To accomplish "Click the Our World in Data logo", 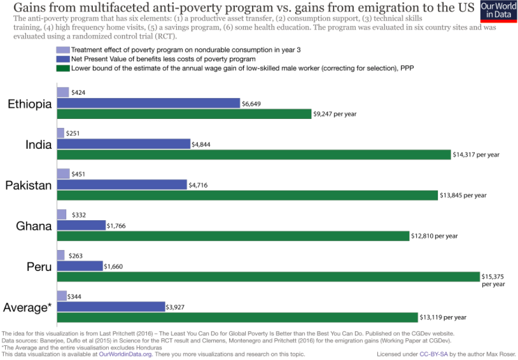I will (498, 12).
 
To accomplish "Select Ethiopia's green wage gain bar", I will (184, 114).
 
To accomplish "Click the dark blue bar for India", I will (123, 144).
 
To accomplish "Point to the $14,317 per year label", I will (476, 155).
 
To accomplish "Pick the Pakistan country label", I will (29, 185).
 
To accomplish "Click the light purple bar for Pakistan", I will (63, 174).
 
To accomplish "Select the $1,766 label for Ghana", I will (118, 225).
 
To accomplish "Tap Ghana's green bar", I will (233, 236).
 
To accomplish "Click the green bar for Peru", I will (268, 277).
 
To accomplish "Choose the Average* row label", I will (27, 307).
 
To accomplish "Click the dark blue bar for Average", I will (111, 307).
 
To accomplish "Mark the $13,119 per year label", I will (443, 317).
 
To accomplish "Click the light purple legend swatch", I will (62, 50).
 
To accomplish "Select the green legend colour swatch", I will (62, 67).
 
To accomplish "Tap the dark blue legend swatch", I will (62, 59).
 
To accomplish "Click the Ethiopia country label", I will (29, 104).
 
